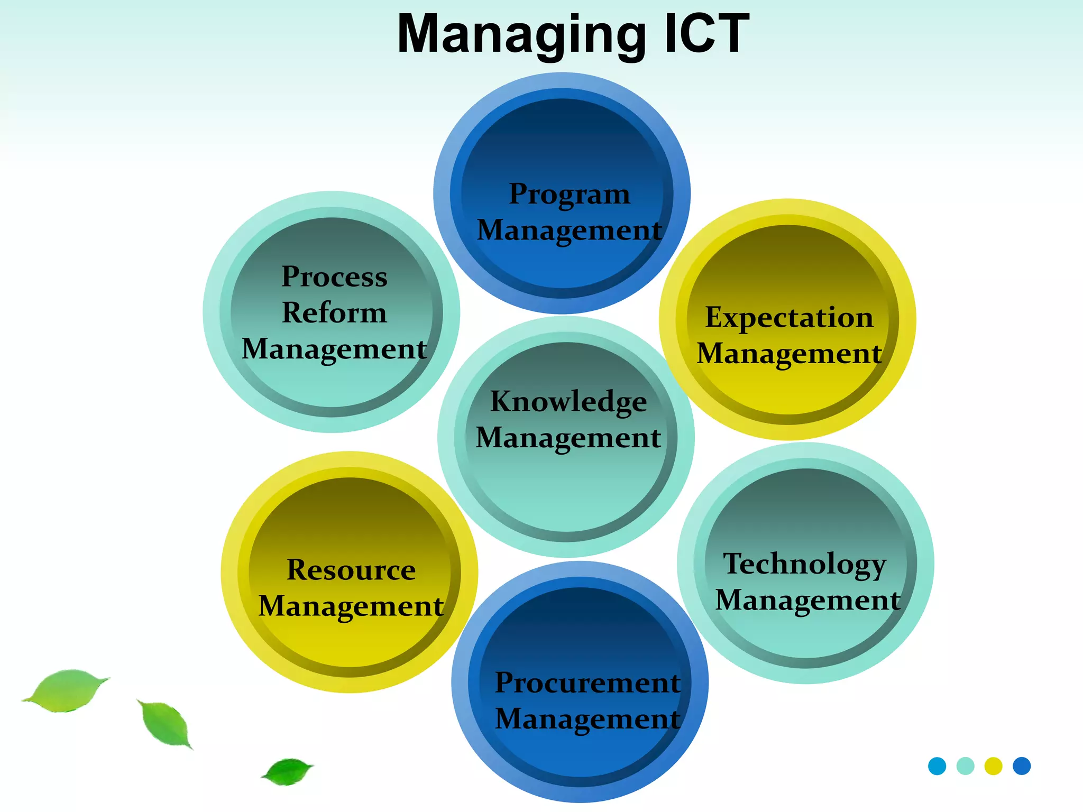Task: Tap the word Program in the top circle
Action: tap(570, 194)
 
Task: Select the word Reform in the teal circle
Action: tap(334, 312)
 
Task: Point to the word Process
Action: tap(334, 276)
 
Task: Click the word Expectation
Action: tap(789, 317)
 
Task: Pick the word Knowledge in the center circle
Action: tap(568, 401)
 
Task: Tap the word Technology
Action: tap(804, 564)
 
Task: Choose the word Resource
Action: tap(351, 570)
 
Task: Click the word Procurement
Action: tap(588, 682)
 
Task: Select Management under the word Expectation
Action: tap(789, 353)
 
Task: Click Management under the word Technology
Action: tap(807, 600)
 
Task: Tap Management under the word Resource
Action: tap(351, 606)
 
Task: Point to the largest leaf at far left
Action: tap(66, 690)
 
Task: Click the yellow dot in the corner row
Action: tap(993, 766)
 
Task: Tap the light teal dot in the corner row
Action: tap(965, 766)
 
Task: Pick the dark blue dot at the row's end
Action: tap(1022, 766)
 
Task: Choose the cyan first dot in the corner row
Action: tap(937, 766)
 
